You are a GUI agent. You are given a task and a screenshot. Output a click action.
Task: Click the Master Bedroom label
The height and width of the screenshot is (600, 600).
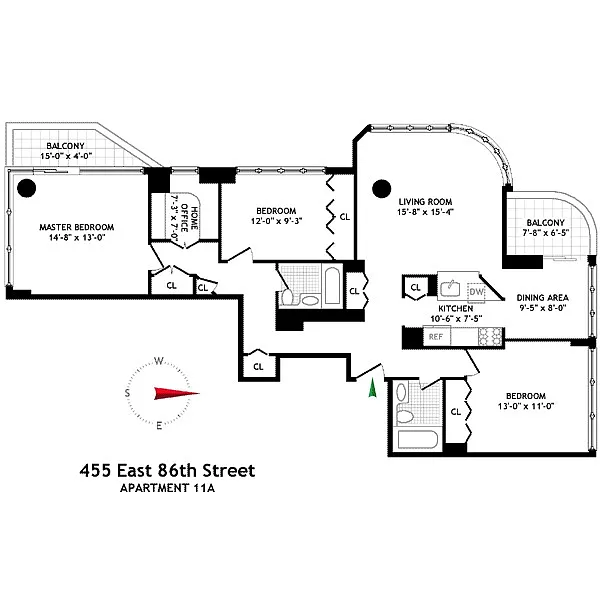click(x=76, y=227)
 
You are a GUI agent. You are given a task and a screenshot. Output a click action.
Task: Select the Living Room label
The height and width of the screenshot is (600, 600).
click(x=424, y=199)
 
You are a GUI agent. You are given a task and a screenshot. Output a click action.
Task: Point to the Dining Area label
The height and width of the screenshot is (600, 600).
click(x=543, y=298)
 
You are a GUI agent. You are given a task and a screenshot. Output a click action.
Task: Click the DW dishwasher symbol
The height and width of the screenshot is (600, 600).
click(x=476, y=291)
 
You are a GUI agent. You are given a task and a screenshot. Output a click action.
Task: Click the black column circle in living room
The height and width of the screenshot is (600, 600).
click(x=380, y=187)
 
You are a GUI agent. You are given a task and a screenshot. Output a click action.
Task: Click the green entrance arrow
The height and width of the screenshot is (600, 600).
click(x=372, y=387)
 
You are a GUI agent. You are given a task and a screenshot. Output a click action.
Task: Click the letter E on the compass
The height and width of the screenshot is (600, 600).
click(x=158, y=426)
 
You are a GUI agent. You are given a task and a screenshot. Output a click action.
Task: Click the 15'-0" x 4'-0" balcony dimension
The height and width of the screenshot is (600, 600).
click(x=77, y=158)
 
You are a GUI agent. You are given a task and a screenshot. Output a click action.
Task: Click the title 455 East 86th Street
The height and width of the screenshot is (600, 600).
click(x=167, y=469)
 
